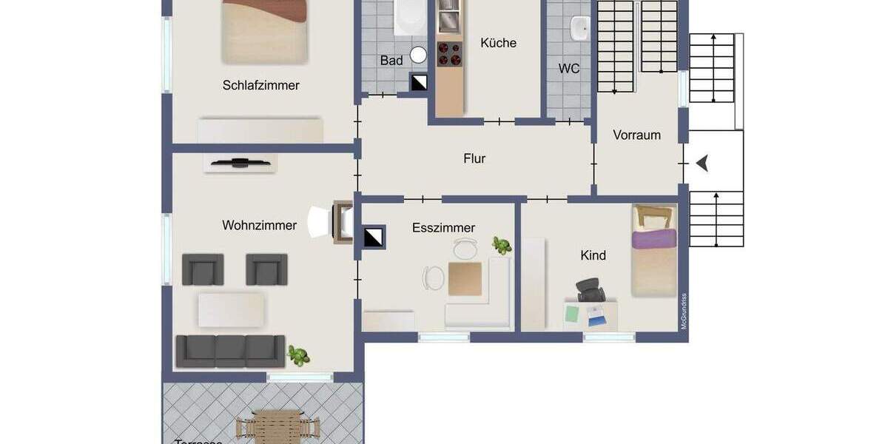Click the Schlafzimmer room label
click(x=260, y=85)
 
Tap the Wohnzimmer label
click(x=259, y=225)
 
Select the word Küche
click(x=498, y=43)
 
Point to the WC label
click(x=568, y=69)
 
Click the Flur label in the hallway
click(x=474, y=158)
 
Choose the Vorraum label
click(x=636, y=135)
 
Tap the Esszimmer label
click(x=443, y=228)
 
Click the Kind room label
click(x=593, y=255)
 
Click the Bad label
click(x=391, y=61)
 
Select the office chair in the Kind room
click(x=590, y=289)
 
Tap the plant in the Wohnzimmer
click(x=299, y=355)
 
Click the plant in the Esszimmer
click(x=502, y=246)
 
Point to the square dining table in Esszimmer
click(x=465, y=278)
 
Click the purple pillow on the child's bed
click(x=654, y=239)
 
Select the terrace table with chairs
click(x=277, y=428)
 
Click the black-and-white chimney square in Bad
click(x=419, y=81)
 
